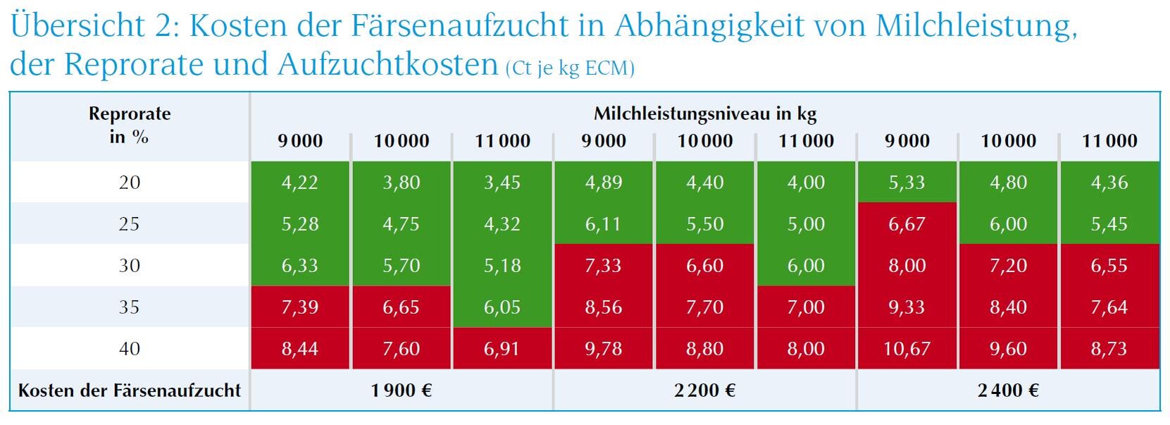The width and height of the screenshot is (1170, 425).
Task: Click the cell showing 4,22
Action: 300,183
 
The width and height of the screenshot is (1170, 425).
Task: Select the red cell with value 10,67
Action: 907,349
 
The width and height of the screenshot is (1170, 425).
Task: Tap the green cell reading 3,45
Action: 502,183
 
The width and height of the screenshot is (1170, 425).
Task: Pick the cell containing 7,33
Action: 604,266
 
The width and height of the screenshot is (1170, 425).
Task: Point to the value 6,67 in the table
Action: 907,224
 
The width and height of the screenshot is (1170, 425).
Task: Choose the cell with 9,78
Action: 604,349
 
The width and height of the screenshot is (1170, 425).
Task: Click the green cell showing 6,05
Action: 502,307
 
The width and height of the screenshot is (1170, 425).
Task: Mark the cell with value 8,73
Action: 1109,349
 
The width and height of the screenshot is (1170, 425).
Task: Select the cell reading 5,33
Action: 907,183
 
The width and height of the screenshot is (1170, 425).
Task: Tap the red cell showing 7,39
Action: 300,307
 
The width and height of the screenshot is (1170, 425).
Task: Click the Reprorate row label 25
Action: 130,224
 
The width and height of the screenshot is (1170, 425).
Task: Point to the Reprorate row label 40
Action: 130,349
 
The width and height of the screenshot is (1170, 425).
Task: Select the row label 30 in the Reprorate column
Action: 130,266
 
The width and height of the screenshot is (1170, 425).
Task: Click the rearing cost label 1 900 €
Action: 402,390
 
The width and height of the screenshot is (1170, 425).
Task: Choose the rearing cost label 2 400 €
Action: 1008,390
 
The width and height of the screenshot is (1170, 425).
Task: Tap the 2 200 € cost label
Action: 704,390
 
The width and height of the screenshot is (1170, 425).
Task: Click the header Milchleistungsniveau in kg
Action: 704,113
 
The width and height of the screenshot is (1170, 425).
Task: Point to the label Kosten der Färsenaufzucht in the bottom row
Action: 130,390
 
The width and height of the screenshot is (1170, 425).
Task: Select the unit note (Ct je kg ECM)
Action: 570,68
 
